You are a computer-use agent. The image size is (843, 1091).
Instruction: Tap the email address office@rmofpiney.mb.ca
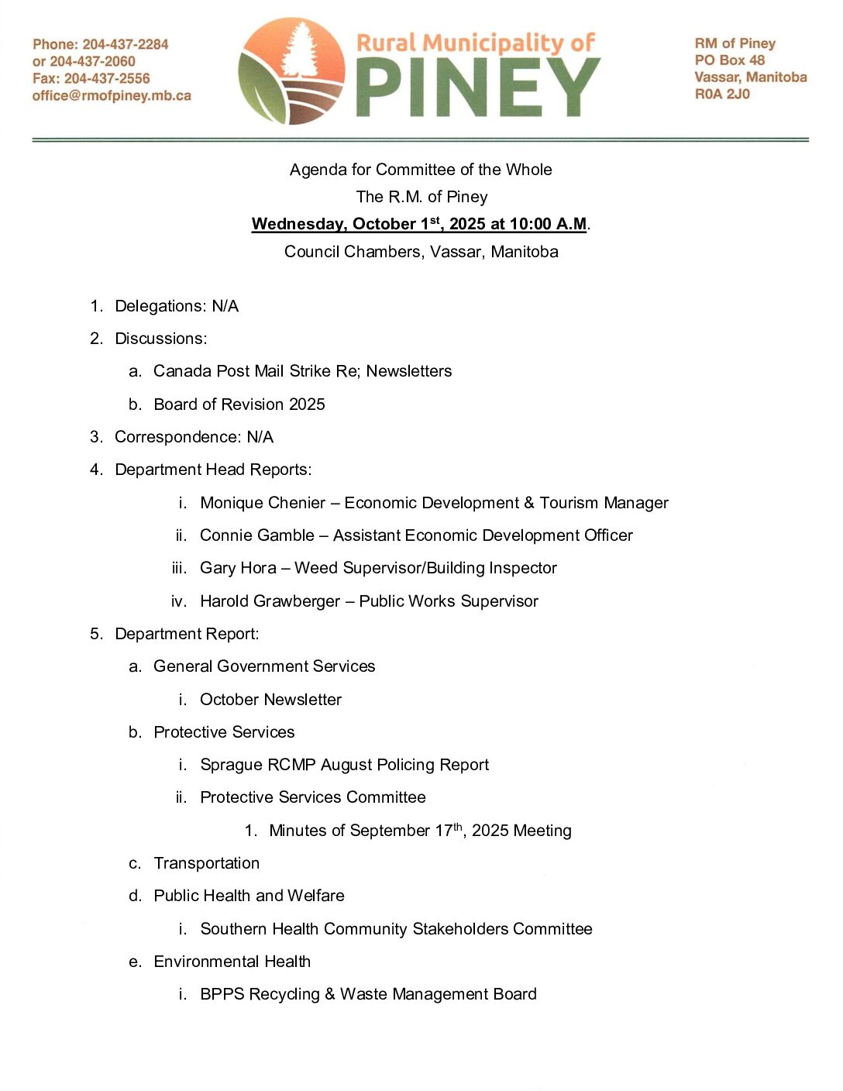[112, 96]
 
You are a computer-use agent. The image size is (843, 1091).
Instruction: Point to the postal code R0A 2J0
[722, 94]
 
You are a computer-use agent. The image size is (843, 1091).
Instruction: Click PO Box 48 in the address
[729, 60]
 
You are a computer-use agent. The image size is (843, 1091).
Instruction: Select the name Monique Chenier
[263, 503]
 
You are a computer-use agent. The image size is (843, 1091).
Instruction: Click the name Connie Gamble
[257, 535]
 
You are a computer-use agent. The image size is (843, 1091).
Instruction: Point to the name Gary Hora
[238, 568]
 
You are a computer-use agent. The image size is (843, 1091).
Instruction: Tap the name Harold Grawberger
[270, 601]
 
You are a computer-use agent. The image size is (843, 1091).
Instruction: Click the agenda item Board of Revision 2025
[239, 404]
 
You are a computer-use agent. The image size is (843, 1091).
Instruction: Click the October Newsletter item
[270, 700]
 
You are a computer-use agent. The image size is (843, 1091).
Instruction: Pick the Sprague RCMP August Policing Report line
[344, 765]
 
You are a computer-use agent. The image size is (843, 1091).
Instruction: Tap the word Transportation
[206, 863]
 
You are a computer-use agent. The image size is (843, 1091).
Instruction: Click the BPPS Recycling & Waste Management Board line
[368, 994]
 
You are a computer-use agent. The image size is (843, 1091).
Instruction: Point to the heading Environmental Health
[232, 962]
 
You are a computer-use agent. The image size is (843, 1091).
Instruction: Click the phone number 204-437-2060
[92, 61]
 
